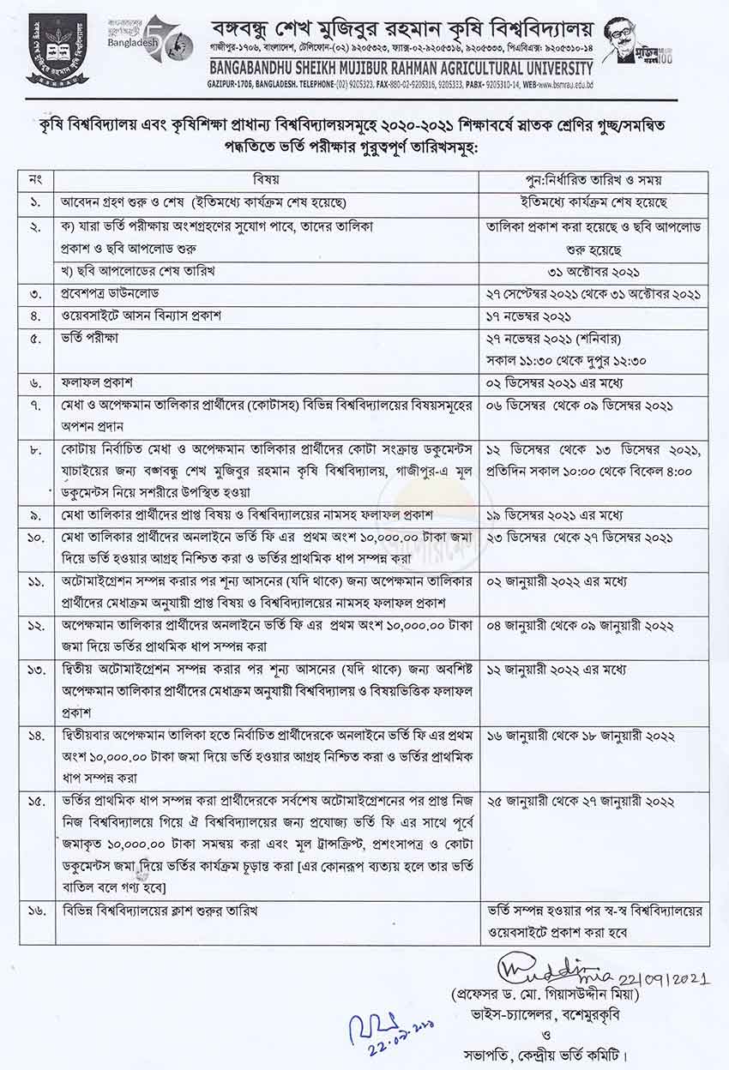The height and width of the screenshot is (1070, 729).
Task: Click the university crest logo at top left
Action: tap(57, 49)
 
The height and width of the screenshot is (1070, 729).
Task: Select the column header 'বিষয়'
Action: tap(267, 182)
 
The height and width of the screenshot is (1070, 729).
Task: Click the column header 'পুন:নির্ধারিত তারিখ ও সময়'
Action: tap(596, 182)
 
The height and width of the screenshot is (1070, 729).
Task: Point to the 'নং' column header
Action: tap(34, 182)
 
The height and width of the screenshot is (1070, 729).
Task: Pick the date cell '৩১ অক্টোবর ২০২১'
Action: tap(596, 272)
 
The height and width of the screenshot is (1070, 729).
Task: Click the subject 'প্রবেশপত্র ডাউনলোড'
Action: tap(112, 293)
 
